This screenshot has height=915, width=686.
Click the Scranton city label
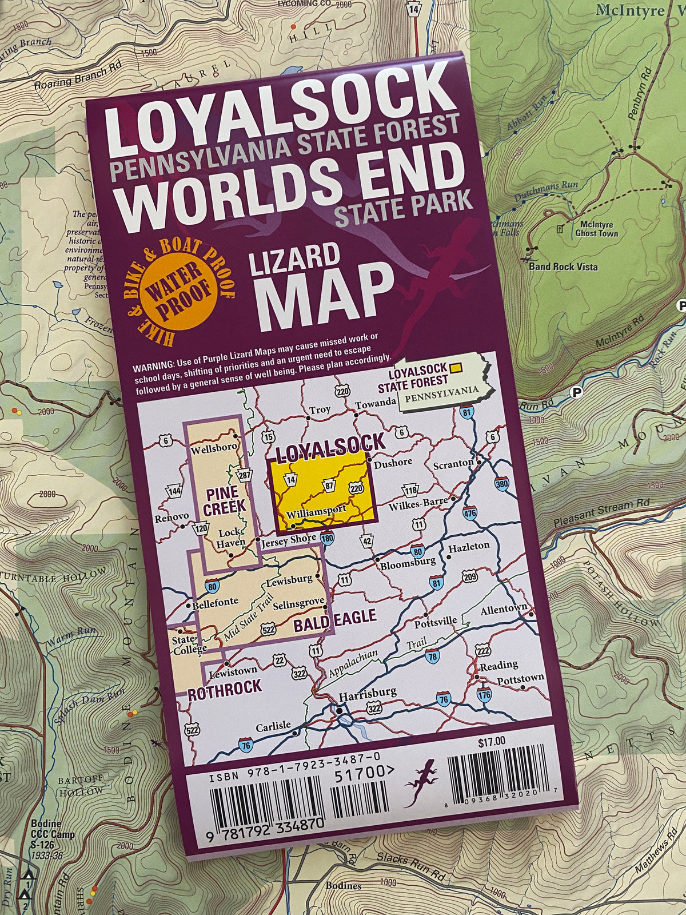453,464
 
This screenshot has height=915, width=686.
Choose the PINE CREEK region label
226,499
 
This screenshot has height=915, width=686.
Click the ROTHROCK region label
225,686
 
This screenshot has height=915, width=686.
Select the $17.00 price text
491,741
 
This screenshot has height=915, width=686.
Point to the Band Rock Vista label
563,266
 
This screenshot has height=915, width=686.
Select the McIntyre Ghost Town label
597,229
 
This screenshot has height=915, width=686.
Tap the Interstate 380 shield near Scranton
501,484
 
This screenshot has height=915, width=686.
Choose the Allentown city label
503,610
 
